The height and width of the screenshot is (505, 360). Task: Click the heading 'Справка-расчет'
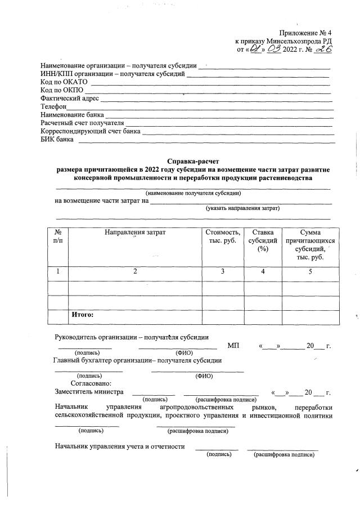(193, 161)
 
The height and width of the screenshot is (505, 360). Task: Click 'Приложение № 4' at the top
(306, 33)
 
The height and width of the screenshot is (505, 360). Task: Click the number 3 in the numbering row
(223, 271)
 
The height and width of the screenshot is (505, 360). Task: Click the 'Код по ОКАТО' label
(64, 81)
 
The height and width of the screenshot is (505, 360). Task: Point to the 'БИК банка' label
(57, 140)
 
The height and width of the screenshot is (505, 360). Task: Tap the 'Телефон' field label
(53, 106)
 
